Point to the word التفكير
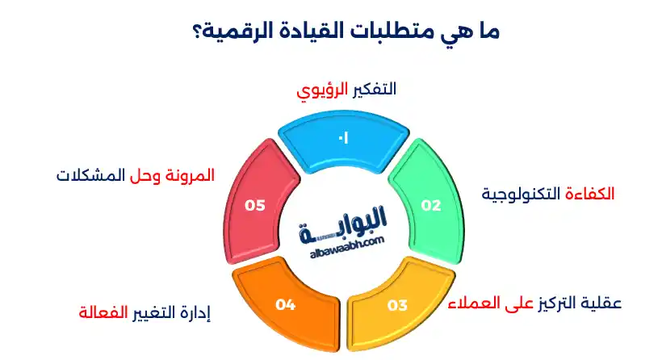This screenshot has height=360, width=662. pyautogui.click(x=374, y=89)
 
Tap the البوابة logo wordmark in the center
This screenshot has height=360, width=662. pyautogui.click(x=344, y=222)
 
